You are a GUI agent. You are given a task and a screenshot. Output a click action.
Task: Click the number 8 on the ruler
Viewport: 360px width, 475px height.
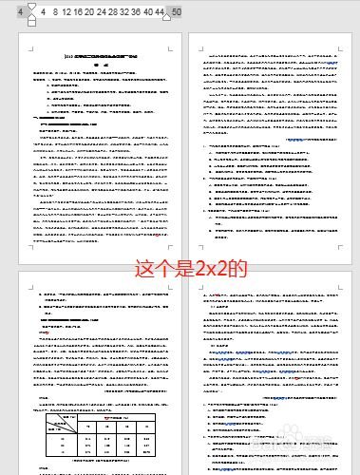coord(55,14)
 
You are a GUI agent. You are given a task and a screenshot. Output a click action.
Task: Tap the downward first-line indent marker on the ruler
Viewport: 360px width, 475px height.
coord(33,9)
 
